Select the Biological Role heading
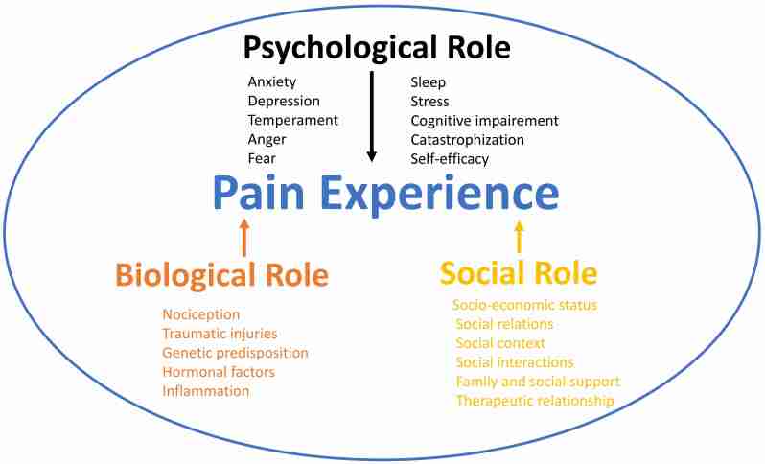(x=222, y=275)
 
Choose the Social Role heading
(x=519, y=273)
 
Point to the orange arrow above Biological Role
(x=244, y=236)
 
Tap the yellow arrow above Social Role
(x=520, y=236)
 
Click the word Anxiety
(x=273, y=81)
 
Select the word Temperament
(x=292, y=120)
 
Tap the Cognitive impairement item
(x=484, y=120)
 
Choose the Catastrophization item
(x=467, y=139)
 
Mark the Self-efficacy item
(x=450, y=158)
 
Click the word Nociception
(x=201, y=314)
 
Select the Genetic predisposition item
(x=235, y=353)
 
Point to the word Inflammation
(x=205, y=391)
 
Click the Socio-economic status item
(x=524, y=305)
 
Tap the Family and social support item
(x=538, y=381)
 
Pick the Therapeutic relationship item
(x=534, y=400)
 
